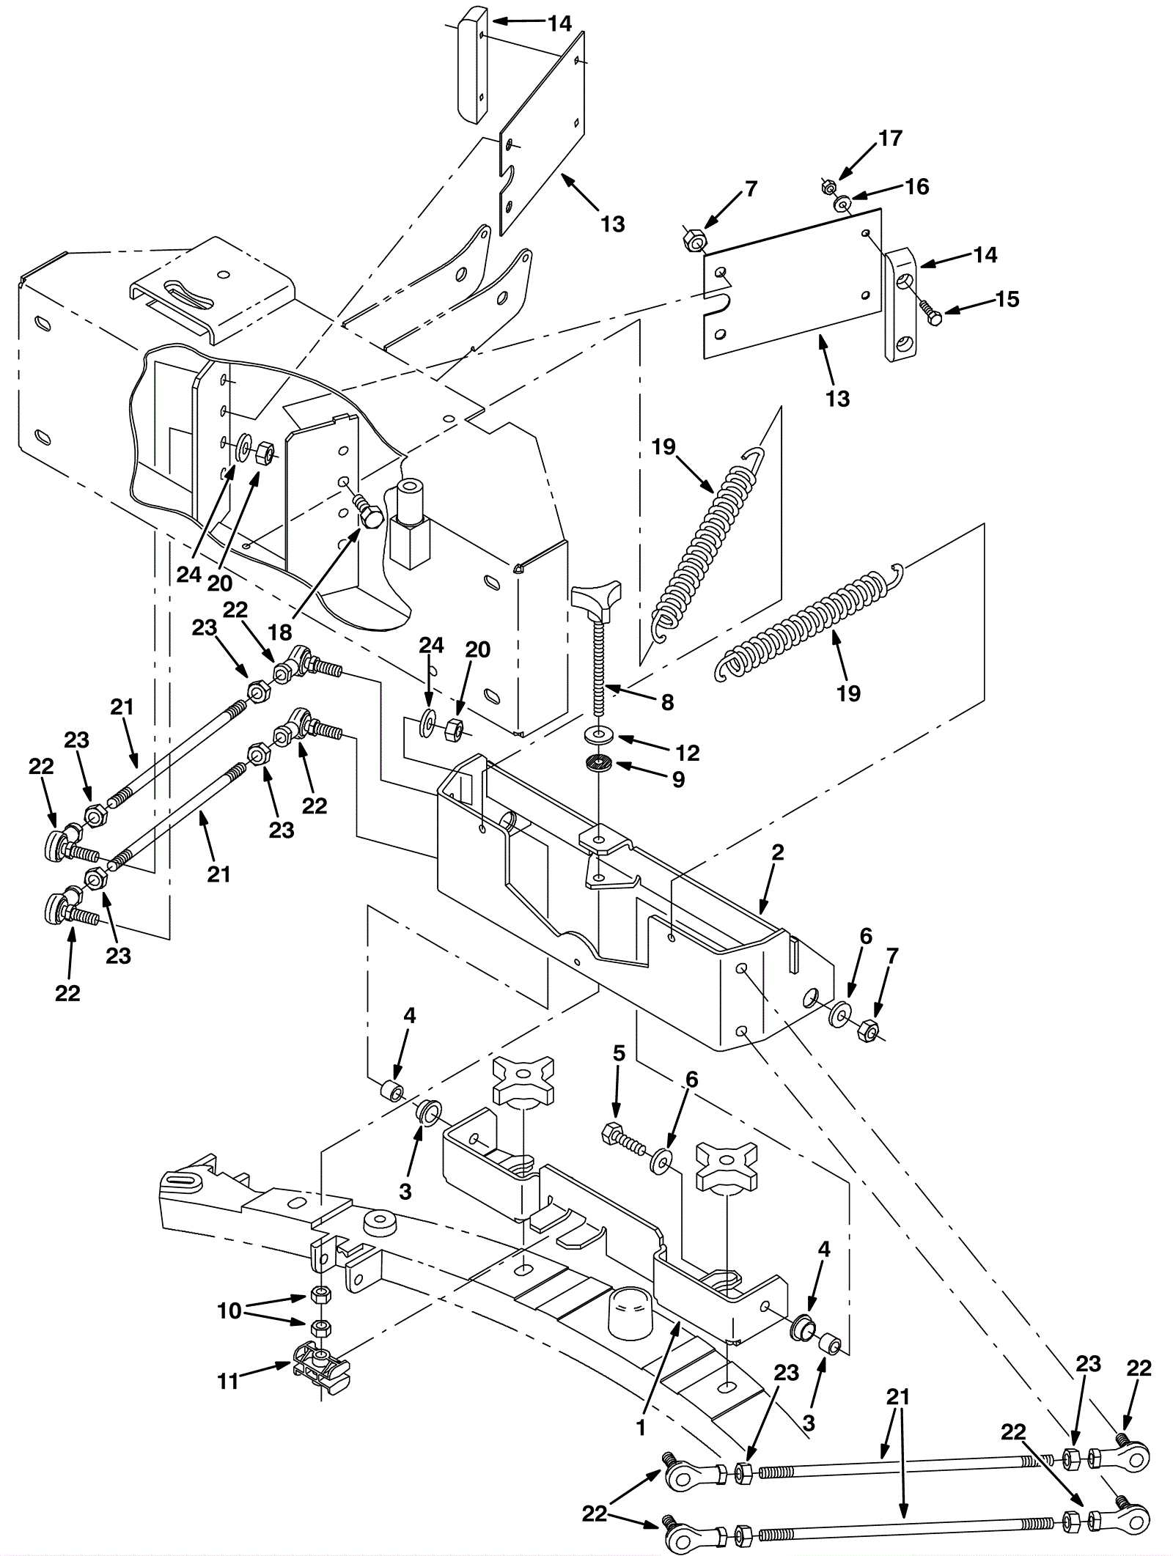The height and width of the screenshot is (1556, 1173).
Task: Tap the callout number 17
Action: pyautogui.click(x=890, y=138)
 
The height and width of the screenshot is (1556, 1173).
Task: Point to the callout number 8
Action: pyautogui.click(x=667, y=702)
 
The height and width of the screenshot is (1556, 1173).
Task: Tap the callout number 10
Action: pyautogui.click(x=229, y=1310)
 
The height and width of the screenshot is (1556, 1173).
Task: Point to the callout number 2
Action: pyautogui.click(x=778, y=852)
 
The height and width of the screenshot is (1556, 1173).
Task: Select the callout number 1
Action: pyautogui.click(x=641, y=1428)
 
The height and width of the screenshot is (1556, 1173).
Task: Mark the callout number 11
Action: pyautogui.click(x=229, y=1382)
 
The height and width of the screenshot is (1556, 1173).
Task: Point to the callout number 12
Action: pyautogui.click(x=687, y=753)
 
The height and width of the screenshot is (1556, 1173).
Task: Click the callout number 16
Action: pyautogui.click(x=916, y=186)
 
